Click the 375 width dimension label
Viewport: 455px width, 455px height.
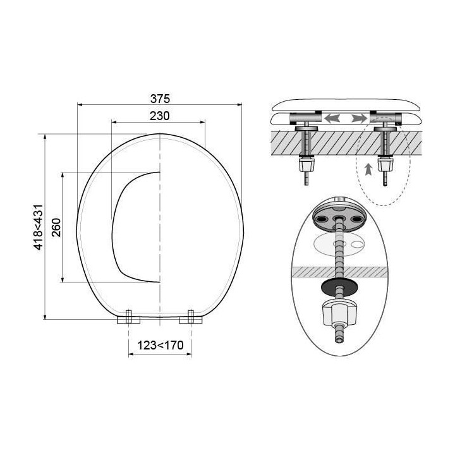[x=160, y=99]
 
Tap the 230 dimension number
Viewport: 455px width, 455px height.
[x=160, y=116]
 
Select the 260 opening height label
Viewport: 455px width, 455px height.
[x=56, y=227]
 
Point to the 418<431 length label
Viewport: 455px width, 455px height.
[x=39, y=227]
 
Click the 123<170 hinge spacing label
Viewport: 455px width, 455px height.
[x=160, y=345]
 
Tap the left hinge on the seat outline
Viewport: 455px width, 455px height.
[x=128, y=318]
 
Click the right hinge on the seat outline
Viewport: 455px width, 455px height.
[x=191, y=318]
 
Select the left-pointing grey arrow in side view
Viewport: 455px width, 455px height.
[x=332, y=118]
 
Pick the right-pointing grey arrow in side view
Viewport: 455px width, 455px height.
[x=359, y=118]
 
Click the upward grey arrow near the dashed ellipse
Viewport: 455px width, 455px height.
[x=368, y=169]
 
